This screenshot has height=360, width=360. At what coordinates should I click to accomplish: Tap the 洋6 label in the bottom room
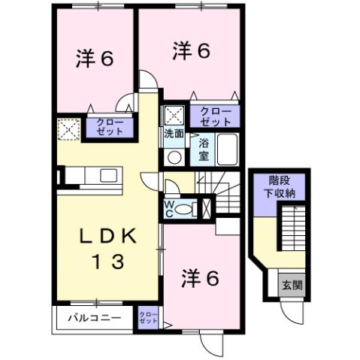coord(199,279)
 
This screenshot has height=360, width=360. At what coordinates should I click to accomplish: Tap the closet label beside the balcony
coord(149,318)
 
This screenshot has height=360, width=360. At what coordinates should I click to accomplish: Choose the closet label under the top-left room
coord(108,126)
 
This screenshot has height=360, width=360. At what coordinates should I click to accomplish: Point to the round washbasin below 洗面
coord(173,157)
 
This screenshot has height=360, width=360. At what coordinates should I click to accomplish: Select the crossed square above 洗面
coord(174,115)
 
